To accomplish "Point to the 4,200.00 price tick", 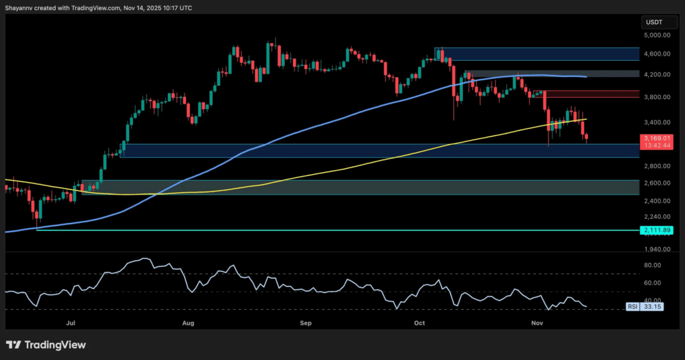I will [x=656, y=74].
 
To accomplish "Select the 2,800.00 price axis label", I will [x=656, y=165].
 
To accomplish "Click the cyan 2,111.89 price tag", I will [x=656, y=230].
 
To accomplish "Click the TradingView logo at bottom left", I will [x=46, y=345].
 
